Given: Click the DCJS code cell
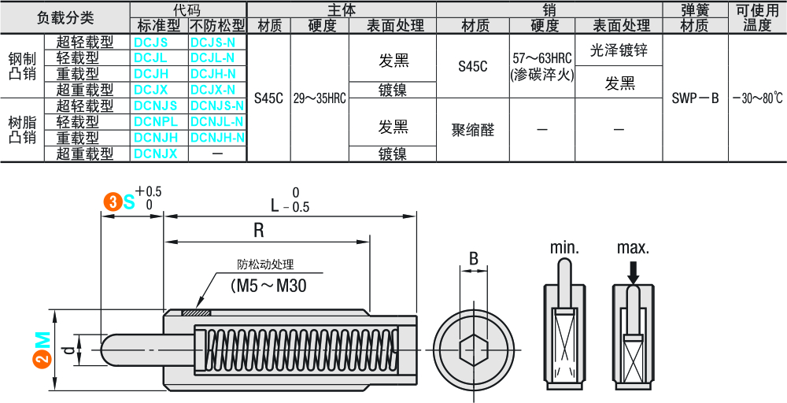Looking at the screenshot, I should (150, 42).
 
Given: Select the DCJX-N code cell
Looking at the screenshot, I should (212, 90).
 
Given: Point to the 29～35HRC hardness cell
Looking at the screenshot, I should (320, 98).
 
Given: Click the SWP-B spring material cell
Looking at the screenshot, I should (696, 98).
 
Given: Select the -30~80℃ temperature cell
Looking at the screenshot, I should (757, 98).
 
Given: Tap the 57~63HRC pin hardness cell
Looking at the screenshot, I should (543, 66).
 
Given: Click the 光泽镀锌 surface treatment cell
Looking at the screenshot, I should (619, 50).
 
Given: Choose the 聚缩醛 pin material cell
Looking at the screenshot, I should (473, 130).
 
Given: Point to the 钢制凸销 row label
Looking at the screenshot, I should (21, 66).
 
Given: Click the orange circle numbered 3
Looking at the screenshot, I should (113, 202).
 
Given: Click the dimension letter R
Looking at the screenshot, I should (258, 230).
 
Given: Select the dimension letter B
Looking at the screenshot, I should (474, 257).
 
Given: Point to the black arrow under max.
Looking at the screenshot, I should (633, 272).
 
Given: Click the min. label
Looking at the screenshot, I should (564, 248).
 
